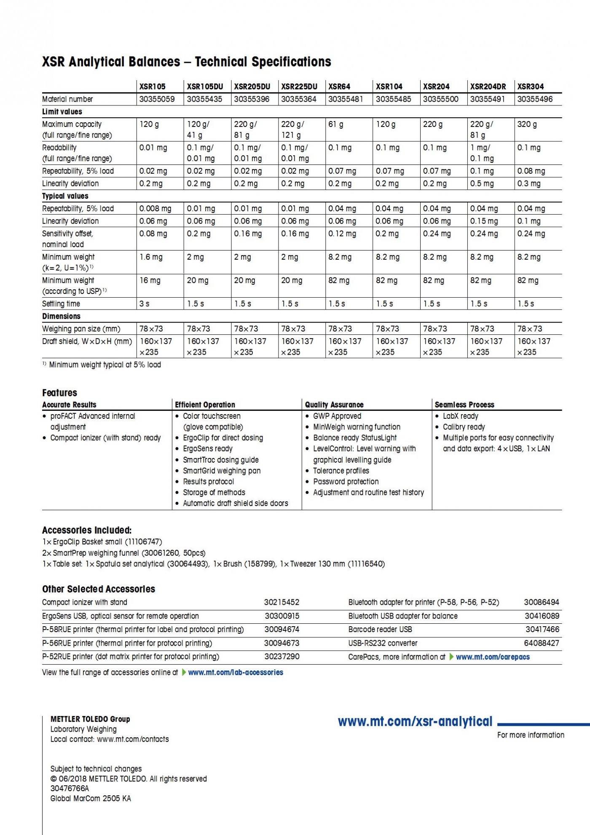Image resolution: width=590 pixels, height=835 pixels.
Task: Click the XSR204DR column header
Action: (488, 86)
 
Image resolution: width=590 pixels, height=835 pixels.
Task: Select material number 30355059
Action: (157, 99)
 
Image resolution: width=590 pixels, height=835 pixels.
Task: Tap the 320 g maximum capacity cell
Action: (527, 124)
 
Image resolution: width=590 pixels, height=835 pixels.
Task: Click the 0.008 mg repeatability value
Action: (155, 208)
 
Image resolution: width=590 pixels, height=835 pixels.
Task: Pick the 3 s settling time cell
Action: (144, 304)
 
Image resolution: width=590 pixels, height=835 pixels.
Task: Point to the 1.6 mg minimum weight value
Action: (151, 257)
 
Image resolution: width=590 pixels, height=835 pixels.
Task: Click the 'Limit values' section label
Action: (62, 112)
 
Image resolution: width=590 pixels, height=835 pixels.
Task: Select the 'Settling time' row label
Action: (61, 304)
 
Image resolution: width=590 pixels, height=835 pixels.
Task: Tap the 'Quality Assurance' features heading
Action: (334, 404)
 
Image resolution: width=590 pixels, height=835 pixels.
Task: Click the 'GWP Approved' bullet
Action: (337, 416)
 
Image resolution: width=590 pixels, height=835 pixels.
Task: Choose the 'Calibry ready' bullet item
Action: (464, 427)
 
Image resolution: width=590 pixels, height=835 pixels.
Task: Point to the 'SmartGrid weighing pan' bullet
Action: (222, 471)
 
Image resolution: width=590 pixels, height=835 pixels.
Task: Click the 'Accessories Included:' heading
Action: (87, 530)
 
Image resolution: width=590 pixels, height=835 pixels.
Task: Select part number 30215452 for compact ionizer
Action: (282, 602)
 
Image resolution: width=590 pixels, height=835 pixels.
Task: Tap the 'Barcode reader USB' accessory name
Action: (380, 629)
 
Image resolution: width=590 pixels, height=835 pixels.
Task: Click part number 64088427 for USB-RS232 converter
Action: (542, 643)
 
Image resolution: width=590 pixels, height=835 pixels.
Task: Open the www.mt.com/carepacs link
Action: (493, 657)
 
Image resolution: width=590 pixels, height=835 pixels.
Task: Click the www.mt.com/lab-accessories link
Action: (236, 672)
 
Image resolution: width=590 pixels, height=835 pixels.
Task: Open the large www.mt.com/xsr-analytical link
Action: (415, 722)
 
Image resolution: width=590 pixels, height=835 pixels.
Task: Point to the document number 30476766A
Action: (70, 788)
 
